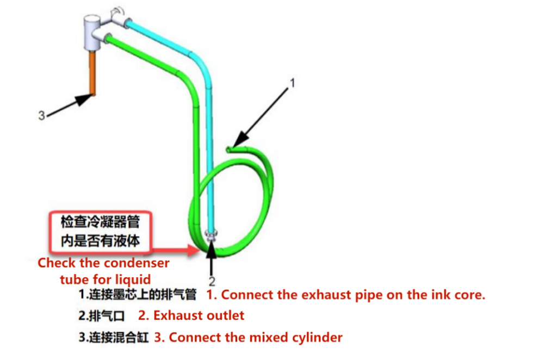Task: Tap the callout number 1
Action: (292, 83)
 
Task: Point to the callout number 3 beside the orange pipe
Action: (41, 115)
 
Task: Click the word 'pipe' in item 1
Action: (344, 295)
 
